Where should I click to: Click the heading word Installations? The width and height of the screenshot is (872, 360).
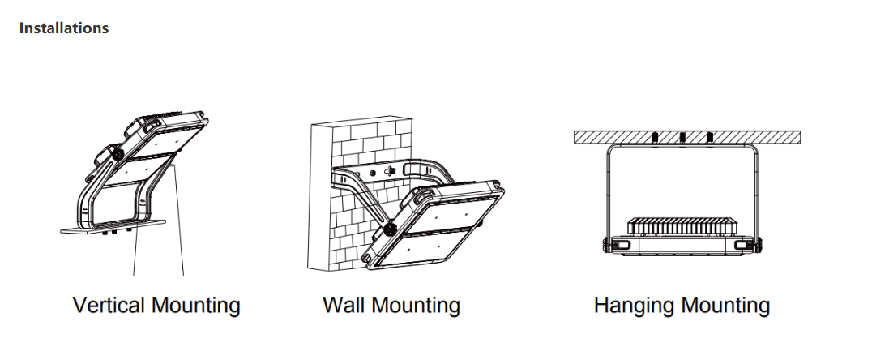[64, 28]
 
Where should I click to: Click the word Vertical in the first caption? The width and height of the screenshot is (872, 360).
[109, 306]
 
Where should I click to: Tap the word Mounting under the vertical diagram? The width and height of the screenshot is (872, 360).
[196, 306]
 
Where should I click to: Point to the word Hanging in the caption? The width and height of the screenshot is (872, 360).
[635, 306]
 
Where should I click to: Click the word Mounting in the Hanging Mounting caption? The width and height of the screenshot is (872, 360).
[726, 306]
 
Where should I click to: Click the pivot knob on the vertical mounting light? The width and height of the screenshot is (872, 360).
[117, 153]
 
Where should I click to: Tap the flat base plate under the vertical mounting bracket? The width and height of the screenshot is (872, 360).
[113, 226]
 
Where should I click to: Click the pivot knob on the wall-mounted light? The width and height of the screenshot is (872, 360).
[389, 228]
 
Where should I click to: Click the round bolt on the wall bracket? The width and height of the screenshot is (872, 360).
[373, 173]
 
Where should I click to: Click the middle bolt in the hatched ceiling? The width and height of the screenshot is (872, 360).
[682, 138]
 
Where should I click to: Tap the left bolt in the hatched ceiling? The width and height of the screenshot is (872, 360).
[655, 138]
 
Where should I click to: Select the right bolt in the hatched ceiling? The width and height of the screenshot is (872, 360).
[710, 138]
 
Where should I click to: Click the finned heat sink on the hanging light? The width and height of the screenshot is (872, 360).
[682, 226]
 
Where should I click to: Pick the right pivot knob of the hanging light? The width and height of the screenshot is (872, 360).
[758, 245]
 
